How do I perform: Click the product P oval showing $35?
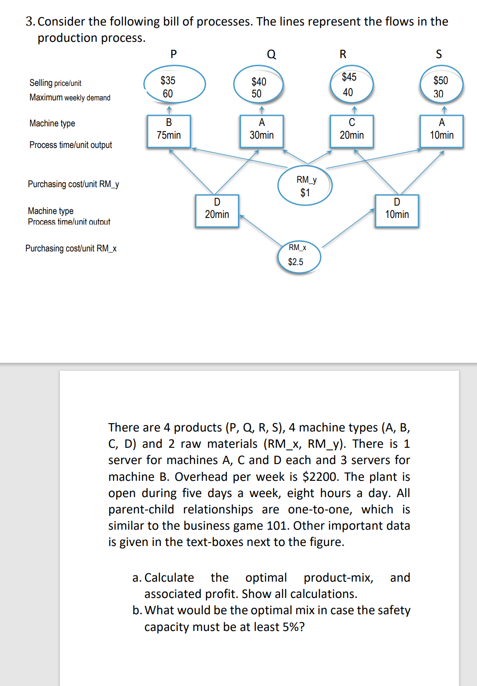click(x=174, y=84)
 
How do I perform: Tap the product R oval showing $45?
click(x=351, y=84)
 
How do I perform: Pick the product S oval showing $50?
click(x=441, y=84)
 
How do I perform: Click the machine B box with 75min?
click(x=169, y=131)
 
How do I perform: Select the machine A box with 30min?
click(x=262, y=131)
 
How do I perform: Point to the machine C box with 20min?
click(x=351, y=131)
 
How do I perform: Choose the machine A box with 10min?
click(x=441, y=131)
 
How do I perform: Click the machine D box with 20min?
click(x=217, y=210)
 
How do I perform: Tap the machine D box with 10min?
click(x=397, y=210)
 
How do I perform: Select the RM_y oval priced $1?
click(x=305, y=185)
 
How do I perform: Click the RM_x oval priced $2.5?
click(x=299, y=257)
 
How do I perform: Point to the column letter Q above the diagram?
click(x=271, y=54)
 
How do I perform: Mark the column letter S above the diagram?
click(x=439, y=54)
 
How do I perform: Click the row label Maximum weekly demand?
click(x=70, y=97)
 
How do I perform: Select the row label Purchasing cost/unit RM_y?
click(x=73, y=184)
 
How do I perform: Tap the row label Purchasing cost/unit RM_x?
click(x=71, y=248)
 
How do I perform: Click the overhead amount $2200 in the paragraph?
click(x=321, y=477)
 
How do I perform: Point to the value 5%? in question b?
click(x=292, y=627)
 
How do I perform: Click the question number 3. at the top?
click(x=30, y=22)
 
